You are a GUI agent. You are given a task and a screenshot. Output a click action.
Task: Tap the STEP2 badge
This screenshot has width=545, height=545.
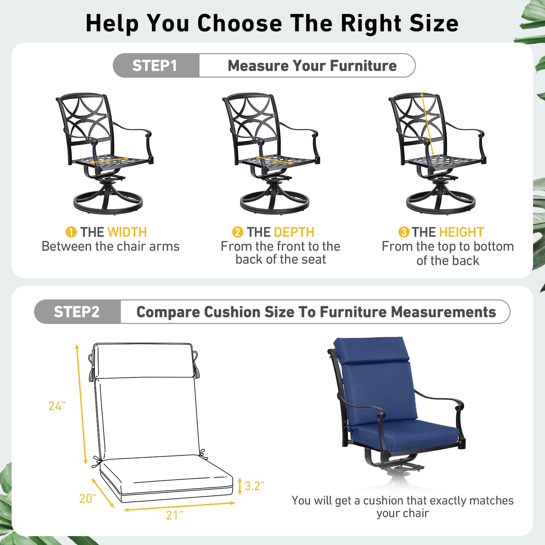pos(77,312)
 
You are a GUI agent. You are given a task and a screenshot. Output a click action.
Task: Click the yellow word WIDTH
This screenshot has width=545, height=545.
pos(127,232)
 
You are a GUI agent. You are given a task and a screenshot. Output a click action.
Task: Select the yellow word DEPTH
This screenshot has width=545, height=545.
pos(294,232)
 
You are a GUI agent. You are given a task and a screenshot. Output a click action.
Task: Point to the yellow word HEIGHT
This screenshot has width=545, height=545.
pos(462,232)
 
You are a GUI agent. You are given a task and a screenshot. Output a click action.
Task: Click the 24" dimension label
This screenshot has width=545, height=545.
pos(57,406)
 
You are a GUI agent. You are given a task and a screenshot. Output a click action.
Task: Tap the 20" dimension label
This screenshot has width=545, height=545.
pos(88,499)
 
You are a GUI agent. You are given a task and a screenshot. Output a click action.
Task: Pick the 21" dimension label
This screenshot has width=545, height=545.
pos(175,515)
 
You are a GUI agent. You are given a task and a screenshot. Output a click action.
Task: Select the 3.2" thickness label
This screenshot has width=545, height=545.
pos(255,486)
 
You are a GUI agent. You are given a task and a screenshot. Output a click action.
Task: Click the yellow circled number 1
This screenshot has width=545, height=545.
pos(71,232)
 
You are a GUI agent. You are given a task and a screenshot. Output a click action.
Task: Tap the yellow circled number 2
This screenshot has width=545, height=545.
pos(238,232)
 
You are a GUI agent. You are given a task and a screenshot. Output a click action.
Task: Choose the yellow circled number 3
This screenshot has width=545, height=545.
pos(404,232)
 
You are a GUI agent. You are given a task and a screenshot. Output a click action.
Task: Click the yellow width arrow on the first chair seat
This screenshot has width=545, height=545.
pos(109,160)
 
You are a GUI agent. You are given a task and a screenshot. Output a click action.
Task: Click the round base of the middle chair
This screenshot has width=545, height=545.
pos(274,203)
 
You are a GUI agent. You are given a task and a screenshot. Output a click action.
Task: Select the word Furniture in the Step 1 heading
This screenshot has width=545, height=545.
pos(363,66)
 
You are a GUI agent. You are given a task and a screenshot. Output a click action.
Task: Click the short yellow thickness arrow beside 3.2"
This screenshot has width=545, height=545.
pos(240,486)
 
